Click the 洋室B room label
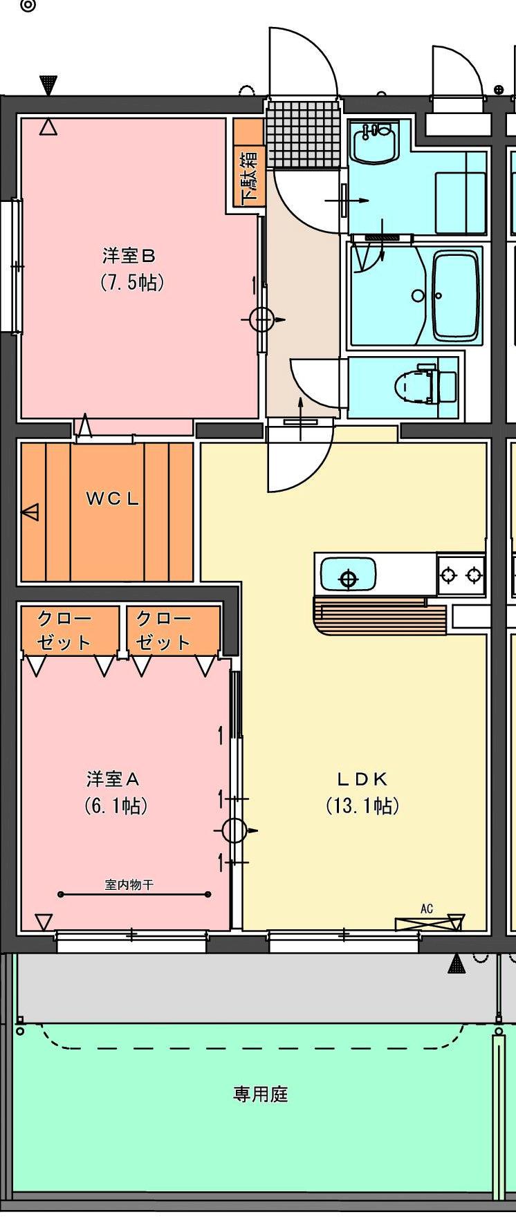click(129, 256)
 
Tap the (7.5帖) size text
click(132, 282)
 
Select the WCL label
click(113, 498)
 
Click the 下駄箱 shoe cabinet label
click(250, 177)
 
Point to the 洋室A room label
click(113, 779)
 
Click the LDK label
click(362, 779)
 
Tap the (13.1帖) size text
click(362, 806)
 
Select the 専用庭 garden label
click(260, 1094)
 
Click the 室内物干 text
click(129, 884)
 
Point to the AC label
click(427, 909)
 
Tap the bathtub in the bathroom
click(455, 295)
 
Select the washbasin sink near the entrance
click(374, 143)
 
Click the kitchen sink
click(348, 576)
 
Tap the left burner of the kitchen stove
click(449, 574)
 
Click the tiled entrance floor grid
click(303, 133)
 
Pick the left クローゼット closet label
click(64, 630)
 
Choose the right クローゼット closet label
click(163, 630)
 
